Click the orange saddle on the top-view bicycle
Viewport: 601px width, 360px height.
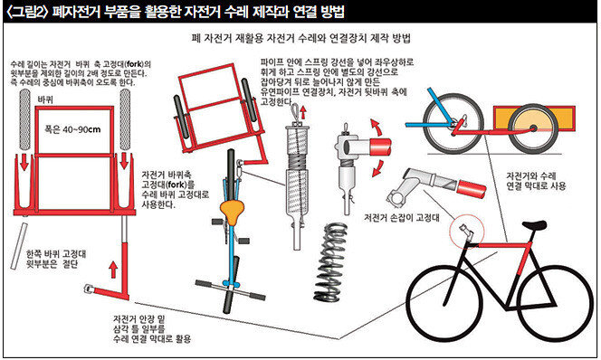tap(233, 212)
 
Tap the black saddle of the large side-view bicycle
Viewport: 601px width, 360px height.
tap(534, 225)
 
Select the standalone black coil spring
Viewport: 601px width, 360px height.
tap(330, 262)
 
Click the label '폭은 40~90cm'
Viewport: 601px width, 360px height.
tap(72, 129)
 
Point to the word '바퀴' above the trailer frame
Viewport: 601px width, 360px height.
tap(45, 100)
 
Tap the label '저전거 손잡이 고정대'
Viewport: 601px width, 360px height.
tap(402, 218)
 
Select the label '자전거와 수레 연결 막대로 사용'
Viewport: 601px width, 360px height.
tap(536, 181)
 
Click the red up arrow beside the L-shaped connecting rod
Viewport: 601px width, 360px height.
tap(113, 270)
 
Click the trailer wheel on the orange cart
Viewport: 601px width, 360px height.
tap(533, 128)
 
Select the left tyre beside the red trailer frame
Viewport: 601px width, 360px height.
tap(25, 119)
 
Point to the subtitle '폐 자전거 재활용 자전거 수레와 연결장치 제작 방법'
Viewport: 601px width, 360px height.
tap(300, 38)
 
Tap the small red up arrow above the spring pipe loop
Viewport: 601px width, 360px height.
tap(303, 112)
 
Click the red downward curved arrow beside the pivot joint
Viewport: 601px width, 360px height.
tap(378, 169)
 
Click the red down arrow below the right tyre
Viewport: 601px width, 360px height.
tap(124, 161)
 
